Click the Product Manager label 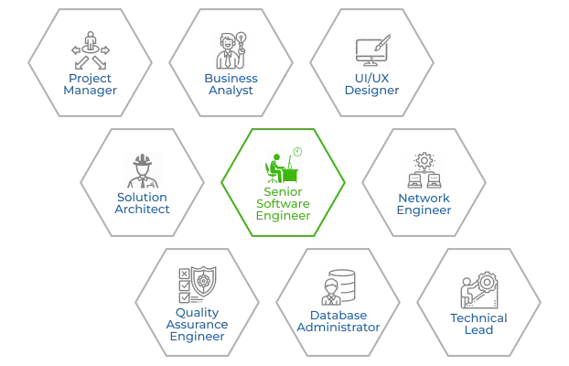coord(89,83)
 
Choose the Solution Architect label coord(142,201)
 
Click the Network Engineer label coord(423,201)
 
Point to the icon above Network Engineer coord(423,167)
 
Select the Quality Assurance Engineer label coord(196,322)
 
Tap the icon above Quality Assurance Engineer coord(197,285)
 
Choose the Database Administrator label coord(338,321)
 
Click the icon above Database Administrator coord(338,285)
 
